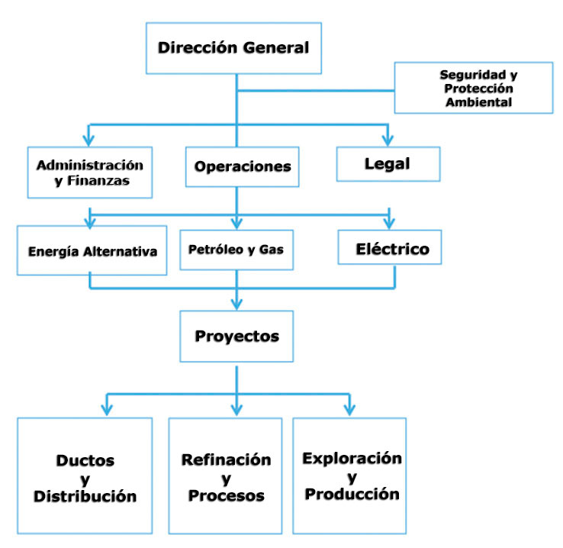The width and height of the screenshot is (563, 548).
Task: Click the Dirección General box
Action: (234, 47)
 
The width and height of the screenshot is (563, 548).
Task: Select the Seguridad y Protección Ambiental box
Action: (474, 88)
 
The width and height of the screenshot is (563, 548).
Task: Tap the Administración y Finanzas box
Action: (90, 172)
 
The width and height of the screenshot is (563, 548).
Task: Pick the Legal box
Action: (388, 163)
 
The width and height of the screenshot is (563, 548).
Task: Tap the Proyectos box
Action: (236, 336)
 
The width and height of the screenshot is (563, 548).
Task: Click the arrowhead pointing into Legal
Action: (389, 139)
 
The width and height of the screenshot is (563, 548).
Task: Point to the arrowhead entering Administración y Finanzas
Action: (89, 139)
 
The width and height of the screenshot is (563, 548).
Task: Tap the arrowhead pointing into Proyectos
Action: (236, 304)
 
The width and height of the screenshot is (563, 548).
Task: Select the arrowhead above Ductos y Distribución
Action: (108, 408)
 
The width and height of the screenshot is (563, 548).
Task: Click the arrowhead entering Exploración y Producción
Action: (350, 408)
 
